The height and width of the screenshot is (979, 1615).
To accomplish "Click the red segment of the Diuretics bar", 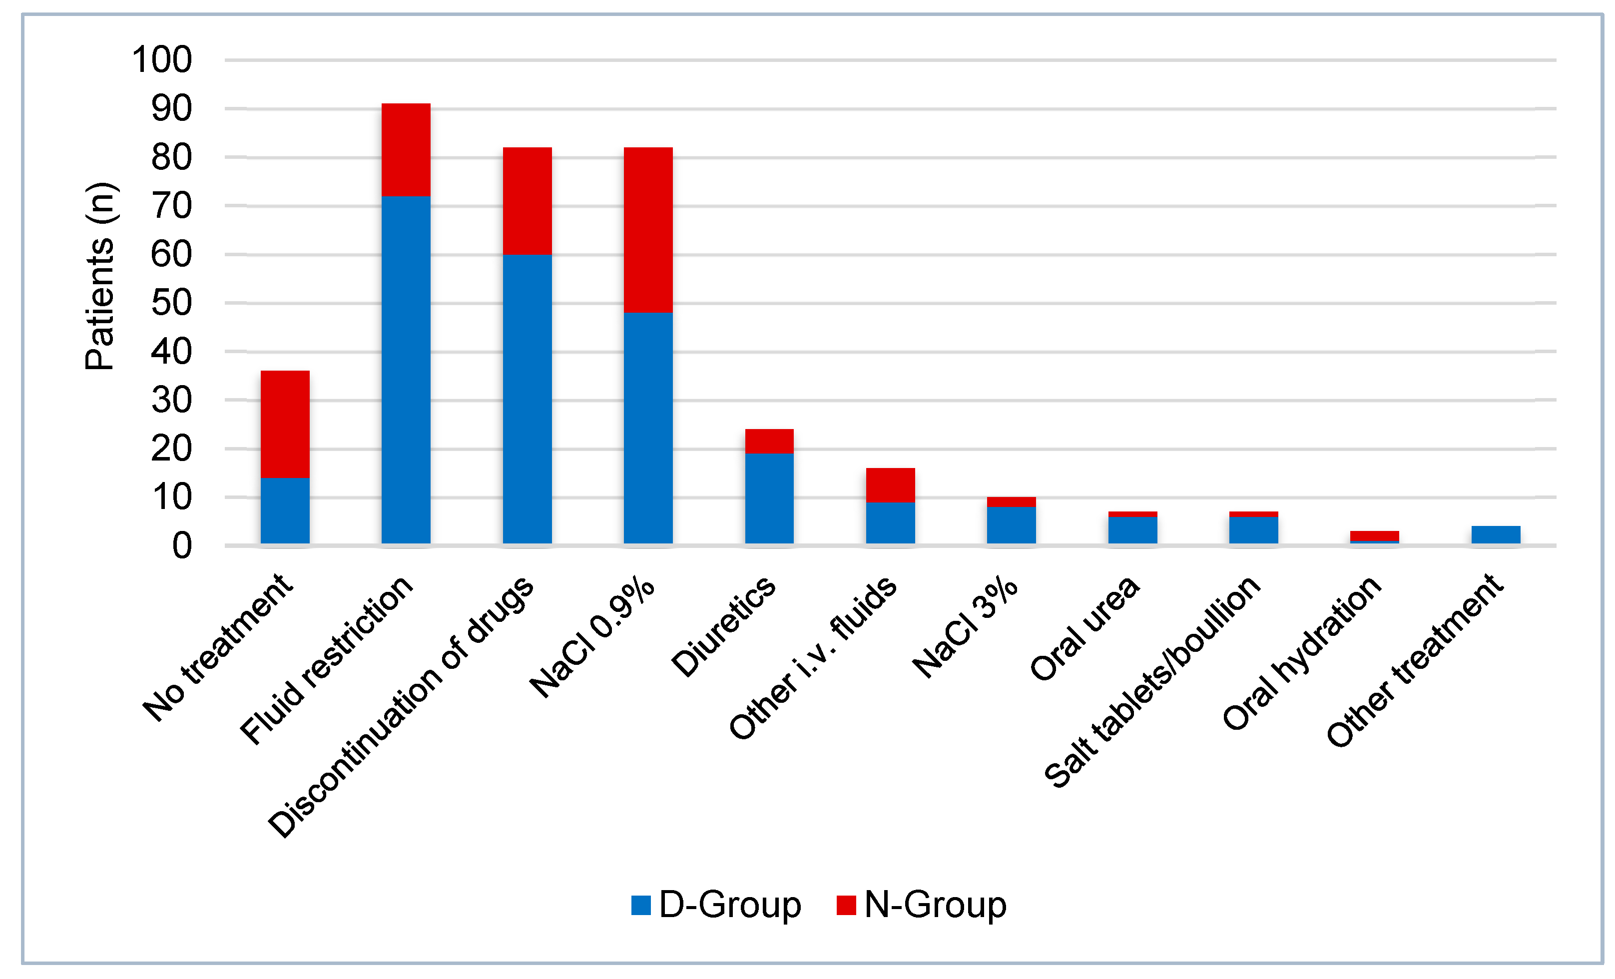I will click(x=769, y=441).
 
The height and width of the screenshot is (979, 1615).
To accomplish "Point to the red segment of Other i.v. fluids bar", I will click(x=890, y=485).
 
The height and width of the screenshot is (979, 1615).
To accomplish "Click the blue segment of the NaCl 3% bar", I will click(x=1012, y=524).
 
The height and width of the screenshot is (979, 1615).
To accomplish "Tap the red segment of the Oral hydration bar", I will click(x=1374, y=535).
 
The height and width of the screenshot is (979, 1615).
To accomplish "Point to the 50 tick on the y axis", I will click(x=172, y=303).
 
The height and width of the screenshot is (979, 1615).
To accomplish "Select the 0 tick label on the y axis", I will click(x=181, y=546).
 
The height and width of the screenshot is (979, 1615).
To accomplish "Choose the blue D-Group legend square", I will click(x=640, y=905).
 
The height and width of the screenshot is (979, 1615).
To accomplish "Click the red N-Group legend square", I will click(x=846, y=905).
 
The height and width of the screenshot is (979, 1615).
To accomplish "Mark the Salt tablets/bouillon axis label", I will click(x=1151, y=681).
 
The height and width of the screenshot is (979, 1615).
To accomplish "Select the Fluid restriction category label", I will click(x=326, y=660).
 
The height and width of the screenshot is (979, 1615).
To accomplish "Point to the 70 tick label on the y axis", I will click(x=172, y=206).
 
